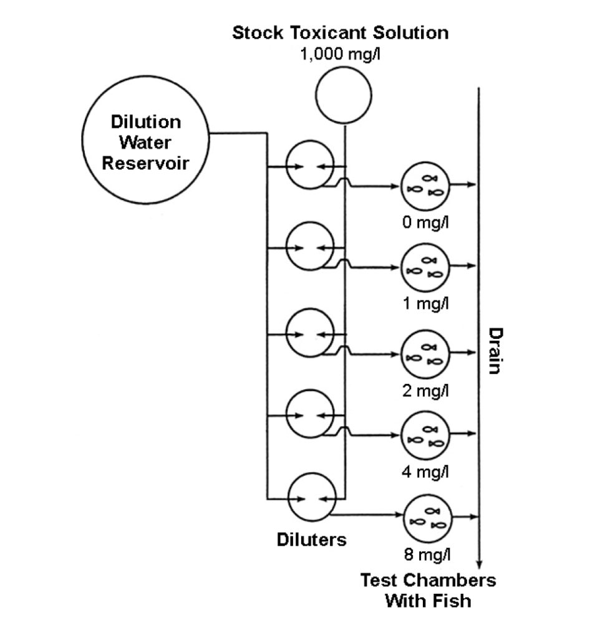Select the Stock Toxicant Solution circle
342,95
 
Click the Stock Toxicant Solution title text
340,33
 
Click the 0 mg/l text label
425,222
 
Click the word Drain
494,350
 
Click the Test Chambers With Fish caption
428,591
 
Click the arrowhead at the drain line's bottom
478,561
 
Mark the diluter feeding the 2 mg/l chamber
310,333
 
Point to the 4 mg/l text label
425,472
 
